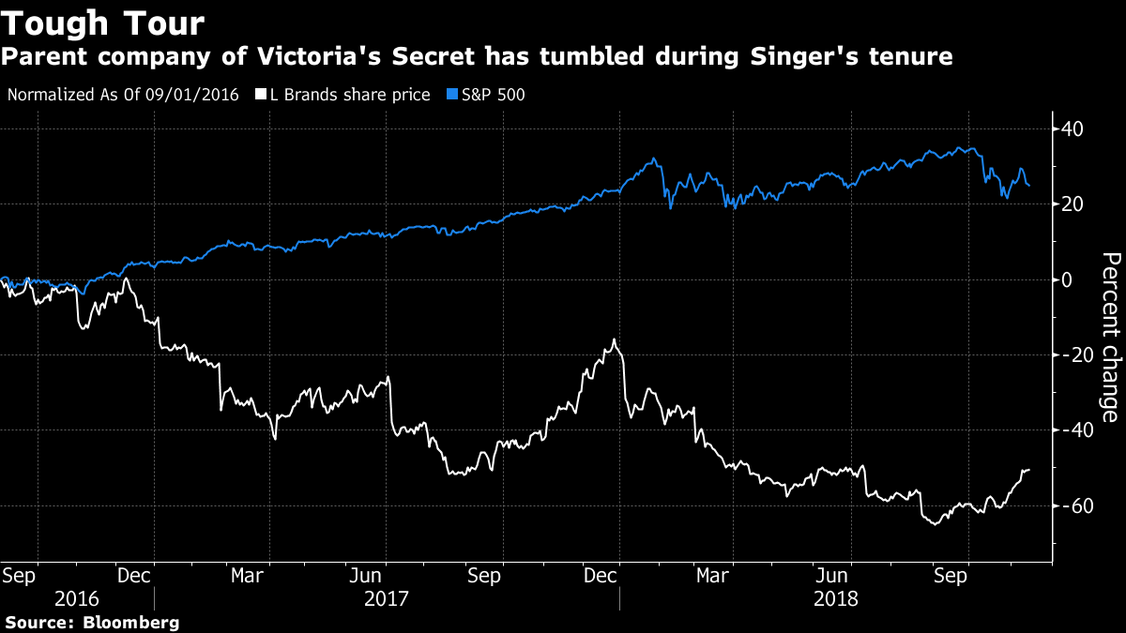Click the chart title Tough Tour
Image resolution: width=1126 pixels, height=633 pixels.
click(103, 23)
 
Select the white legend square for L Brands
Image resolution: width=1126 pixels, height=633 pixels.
click(260, 95)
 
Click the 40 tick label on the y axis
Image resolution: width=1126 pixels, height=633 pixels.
click(1073, 128)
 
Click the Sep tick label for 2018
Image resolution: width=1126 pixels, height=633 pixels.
click(953, 574)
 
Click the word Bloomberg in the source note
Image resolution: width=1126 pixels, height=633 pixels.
click(132, 622)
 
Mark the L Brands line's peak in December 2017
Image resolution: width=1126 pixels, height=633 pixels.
click(615, 339)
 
